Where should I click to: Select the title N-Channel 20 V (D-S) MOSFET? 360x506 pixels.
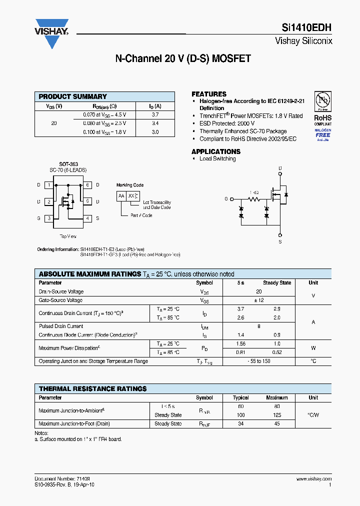pyautogui.click(x=183, y=59)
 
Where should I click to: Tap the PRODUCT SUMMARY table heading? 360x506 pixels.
pyautogui.click(x=73, y=96)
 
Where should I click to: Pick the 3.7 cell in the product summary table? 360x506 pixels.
pyautogui.click(x=155, y=114)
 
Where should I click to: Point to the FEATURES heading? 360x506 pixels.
pyautogui.click(x=209, y=94)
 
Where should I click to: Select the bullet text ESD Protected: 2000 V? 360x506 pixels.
pyautogui.click(x=227, y=123)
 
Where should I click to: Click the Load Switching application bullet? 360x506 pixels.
pyautogui.click(x=217, y=159)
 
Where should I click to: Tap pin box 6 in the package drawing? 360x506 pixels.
pyautogui.click(x=87, y=185)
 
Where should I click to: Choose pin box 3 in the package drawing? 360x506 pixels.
pyautogui.click(x=49, y=218)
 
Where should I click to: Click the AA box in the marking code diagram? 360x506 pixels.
pyautogui.click(x=121, y=196)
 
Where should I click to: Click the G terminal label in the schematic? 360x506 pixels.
pyautogui.click(x=226, y=199)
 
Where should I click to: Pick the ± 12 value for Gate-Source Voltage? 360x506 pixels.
pyautogui.click(x=258, y=300)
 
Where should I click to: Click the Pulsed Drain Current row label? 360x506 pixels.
pyautogui.click(x=61, y=326)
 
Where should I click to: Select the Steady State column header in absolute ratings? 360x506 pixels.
pyautogui.click(x=277, y=283)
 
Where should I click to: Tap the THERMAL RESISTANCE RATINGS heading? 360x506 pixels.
pyautogui.click(x=92, y=388)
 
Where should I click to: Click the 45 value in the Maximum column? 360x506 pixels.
pyautogui.click(x=277, y=424)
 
